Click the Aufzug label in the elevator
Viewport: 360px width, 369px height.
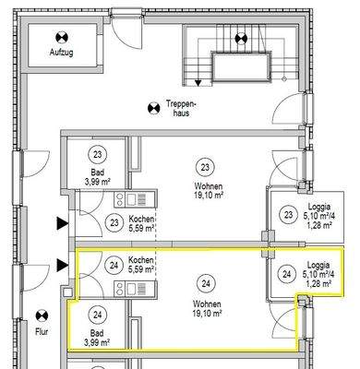tap(60, 54)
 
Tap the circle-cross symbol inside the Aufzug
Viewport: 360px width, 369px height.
tap(60, 38)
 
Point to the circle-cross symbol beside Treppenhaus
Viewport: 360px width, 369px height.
tap(152, 109)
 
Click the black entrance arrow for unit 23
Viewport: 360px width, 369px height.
tap(62, 222)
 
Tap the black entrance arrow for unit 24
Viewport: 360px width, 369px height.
tap(62, 266)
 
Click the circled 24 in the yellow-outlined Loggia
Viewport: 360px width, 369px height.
tap(286, 274)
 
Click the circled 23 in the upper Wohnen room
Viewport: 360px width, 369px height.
tap(204, 166)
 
